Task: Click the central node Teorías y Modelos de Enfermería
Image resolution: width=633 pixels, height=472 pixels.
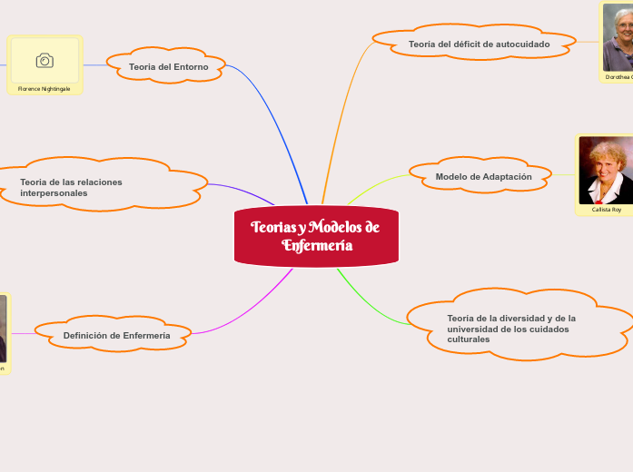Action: tap(316, 236)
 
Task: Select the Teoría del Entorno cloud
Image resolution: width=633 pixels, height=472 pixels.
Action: tap(168, 66)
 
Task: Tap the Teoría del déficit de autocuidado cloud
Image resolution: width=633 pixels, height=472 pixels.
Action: tap(479, 44)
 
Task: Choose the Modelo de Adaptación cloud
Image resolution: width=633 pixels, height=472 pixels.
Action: tap(483, 176)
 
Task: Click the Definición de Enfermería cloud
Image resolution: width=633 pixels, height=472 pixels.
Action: tap(116, 336)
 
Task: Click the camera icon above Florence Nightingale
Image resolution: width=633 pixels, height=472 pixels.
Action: tap(45, 61)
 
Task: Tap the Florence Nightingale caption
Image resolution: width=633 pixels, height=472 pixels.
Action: tap(44, 89)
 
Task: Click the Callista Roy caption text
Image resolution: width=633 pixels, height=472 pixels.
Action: tap(606, 210)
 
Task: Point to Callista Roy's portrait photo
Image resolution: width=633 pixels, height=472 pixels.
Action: tap(605, 171)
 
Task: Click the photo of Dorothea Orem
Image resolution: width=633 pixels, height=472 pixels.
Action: tap(619, 38)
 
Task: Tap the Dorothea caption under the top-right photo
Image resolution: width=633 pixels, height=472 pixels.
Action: tap(618, 78)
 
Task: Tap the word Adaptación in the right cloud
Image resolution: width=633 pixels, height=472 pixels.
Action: tap(507, 176)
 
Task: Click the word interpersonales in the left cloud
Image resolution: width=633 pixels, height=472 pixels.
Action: tap(54, 193)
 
